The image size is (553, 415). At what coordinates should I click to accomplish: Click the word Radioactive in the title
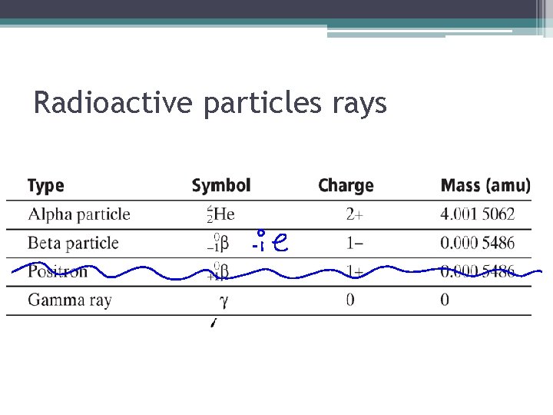115,103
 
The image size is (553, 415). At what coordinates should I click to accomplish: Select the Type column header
46,185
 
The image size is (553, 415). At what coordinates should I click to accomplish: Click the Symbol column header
221,185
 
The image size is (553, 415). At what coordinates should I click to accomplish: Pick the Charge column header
346,185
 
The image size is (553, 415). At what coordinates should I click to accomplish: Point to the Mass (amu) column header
485,185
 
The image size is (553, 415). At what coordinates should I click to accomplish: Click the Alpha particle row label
79,214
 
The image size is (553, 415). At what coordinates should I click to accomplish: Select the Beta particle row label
73,244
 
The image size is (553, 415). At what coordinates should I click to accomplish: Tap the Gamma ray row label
70,300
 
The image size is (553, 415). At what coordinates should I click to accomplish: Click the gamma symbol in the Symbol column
224,300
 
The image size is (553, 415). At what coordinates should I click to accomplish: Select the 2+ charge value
355,214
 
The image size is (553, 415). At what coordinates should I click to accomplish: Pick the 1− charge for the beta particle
355,244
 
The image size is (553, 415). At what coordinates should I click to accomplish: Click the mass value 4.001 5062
478,214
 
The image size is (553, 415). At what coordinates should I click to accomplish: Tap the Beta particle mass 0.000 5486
478,244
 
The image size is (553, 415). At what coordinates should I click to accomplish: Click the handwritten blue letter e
280,244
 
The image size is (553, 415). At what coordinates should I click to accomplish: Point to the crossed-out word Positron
58,271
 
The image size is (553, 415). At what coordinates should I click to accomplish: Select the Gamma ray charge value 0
350,300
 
